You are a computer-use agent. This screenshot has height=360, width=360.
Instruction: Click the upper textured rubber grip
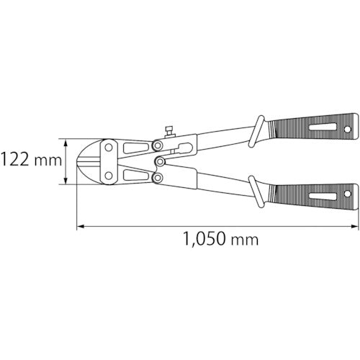click(x=306, y=130)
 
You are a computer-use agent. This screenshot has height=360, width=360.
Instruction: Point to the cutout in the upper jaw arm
click(x=134, y=149)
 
